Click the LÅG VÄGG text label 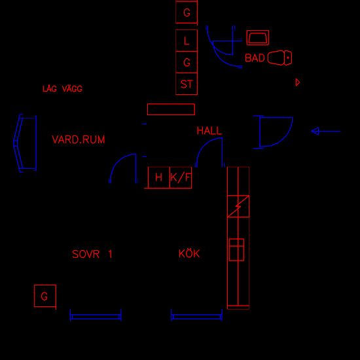pyautogui.click(x=62, y=88)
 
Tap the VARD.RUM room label pyautogui.click(x=79, y=139)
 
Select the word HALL pyautogui.click(x=209, y=131)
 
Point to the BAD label pyautogui.click(x=255, y=58)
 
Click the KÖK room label pyautogui.click(x=189, y=254)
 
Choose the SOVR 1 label pyautogui.click(x=92, y=254)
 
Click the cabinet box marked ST pyautogui.click(x=187, y=84)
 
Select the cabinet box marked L pyautogui.click(x=187, y=41)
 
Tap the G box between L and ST pyautogui.click(x=187, y=62)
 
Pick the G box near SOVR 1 pyautogui.click(x=45, y=296)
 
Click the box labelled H pyautogui.click(x=159, y=177)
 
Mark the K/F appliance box pyautogui.click(x=181, y=177)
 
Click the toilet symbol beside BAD pyautogui.click(x=279, y=58)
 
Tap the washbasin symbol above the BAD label pyautogui.click(x=258, y=38)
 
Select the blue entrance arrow pyautogui.click(x=325, y=132)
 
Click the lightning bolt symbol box pyautogui.click(x=238, y=206)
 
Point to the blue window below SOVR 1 pyautogui.click(x=96, y=317)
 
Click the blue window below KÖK pyautogui.click(x=196, y=317)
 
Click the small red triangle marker pyautogui.click(x=298, y=82)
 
